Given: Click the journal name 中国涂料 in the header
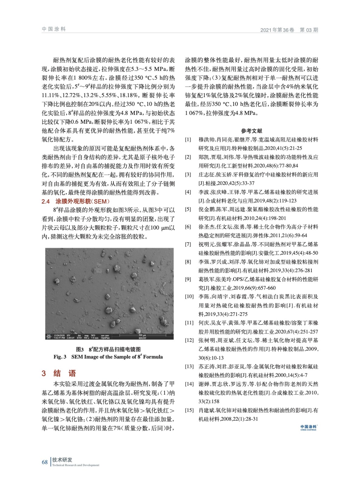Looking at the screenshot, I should point(54,29).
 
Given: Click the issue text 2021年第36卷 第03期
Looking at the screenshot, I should point(289,30).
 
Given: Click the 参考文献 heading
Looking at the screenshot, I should point(251,131).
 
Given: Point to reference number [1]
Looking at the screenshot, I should point(188,140).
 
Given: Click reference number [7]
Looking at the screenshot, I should point(188,244).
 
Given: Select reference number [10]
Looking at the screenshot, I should point(189,296).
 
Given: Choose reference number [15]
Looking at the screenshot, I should point(189,410).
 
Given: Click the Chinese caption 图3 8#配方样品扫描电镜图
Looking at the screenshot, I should point(108,349).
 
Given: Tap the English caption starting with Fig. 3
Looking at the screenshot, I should point(108,357).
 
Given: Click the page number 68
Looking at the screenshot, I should point(45,462).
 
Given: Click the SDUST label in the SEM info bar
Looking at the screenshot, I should point(142,338).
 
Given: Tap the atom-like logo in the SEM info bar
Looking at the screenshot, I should point(49,336).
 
